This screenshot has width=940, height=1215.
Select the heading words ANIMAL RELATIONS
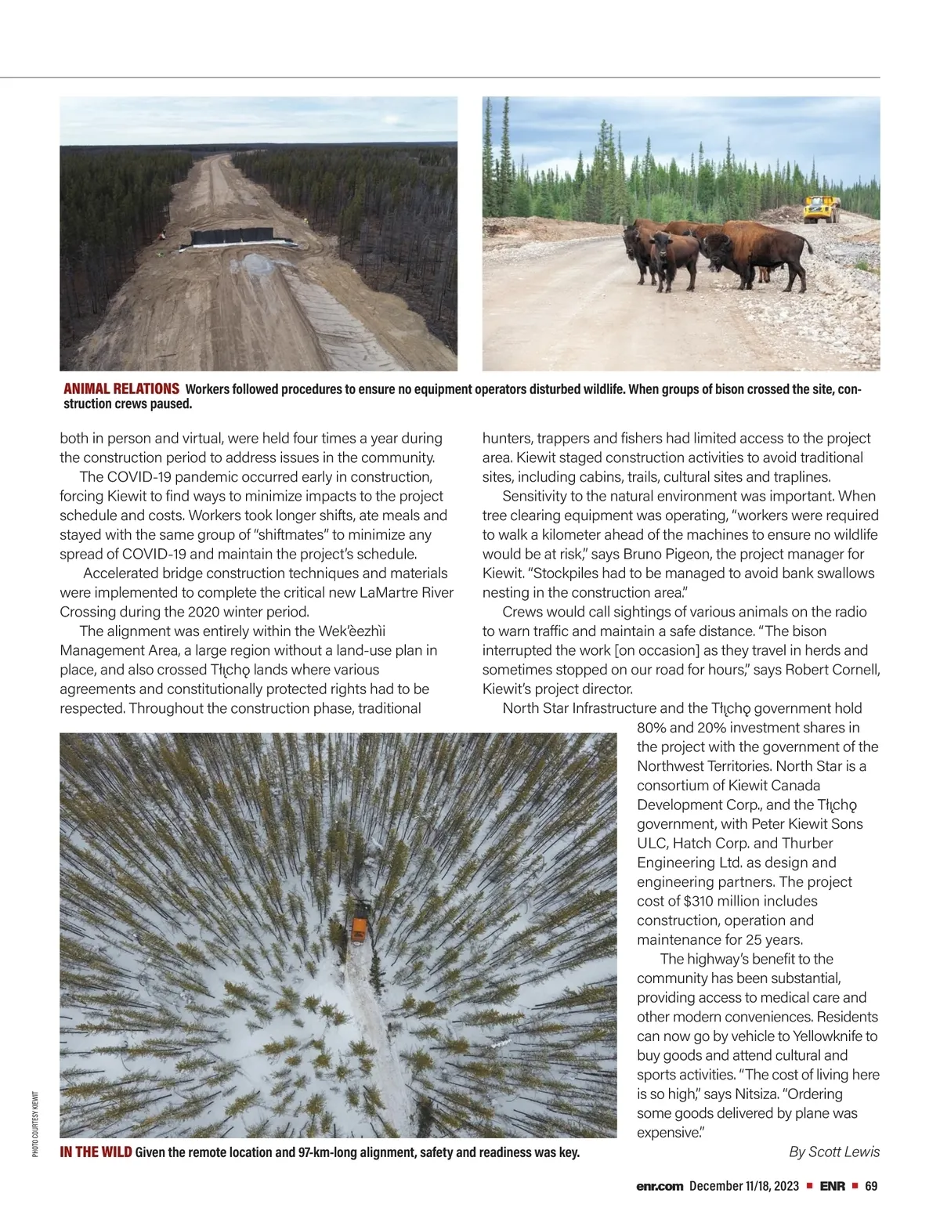(x=121, y=389)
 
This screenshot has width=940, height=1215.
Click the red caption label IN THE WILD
(x=96, y=1152)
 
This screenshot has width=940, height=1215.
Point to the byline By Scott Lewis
(x=834, y=1152)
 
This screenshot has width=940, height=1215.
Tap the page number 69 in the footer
(x=871, y=1185)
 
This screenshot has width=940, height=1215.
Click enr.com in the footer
(x=660, y=1185)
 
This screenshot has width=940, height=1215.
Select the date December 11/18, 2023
(x=744, y=1185)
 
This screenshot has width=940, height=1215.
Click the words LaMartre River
(x=407, y=593)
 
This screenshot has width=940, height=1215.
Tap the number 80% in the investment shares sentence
(x=653, y=728)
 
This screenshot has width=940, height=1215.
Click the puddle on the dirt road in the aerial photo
(x=256, y=265)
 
